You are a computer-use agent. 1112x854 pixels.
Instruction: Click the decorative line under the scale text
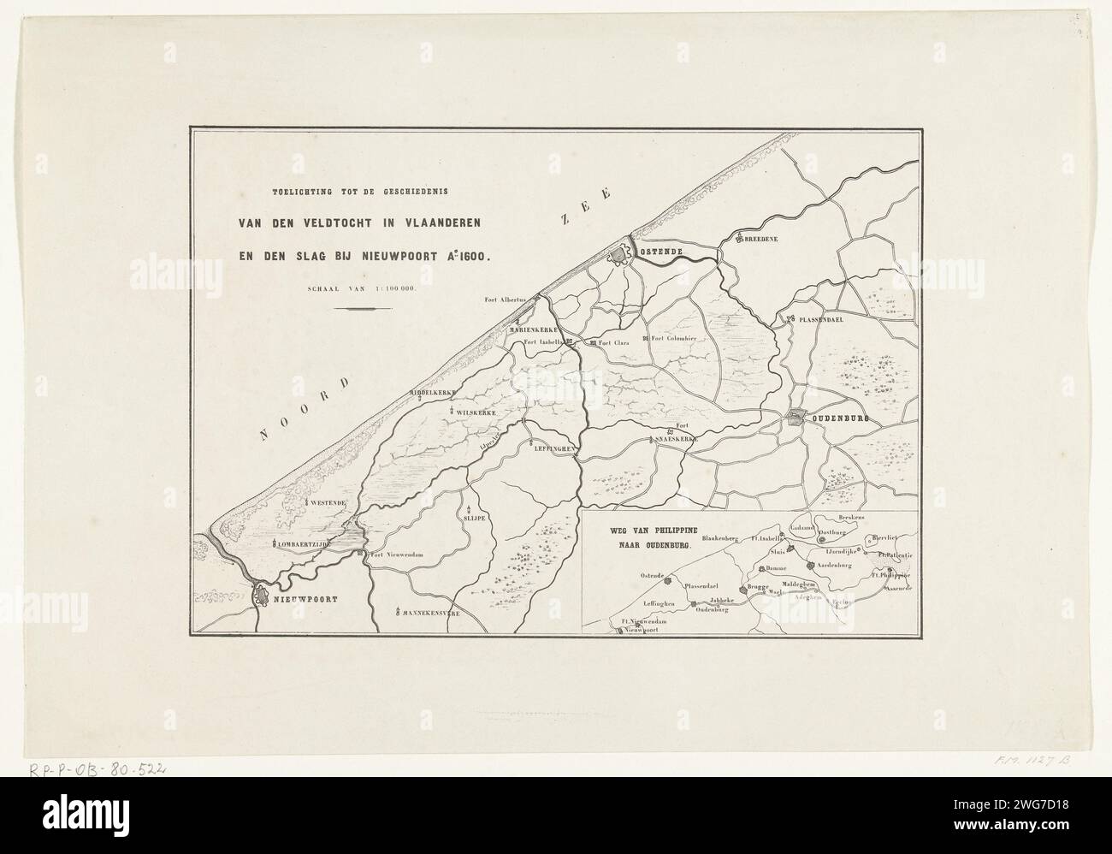coord(360,308)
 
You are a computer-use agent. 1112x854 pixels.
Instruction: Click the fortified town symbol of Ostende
coord(618,255)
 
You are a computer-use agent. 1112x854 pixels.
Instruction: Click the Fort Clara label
coord(613,343)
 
